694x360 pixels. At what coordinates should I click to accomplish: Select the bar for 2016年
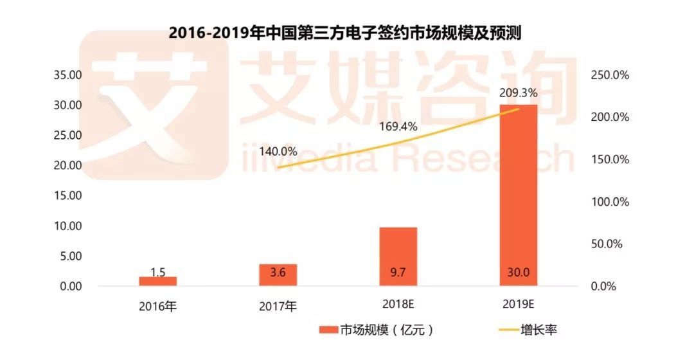(x=157, y=282)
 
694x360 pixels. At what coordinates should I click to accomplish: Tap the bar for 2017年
(x=278, y=275)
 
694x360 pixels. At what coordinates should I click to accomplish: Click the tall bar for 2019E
(x=518, y=193)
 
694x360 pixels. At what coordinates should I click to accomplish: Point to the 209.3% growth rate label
(x=518, y=93)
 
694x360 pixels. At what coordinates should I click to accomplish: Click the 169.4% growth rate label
(x=398, y=127)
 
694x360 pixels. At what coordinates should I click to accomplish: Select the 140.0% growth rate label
(x=278, y=152)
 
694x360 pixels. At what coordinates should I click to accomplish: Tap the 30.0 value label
(x=518, y=273)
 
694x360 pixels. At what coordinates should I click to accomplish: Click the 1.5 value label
(x=157, y=273)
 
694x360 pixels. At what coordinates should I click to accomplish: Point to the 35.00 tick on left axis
(x=67, y=75)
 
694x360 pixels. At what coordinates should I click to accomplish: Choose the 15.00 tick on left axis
(x=67, y=196)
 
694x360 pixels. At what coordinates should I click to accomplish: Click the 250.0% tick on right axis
(x=609, y=75)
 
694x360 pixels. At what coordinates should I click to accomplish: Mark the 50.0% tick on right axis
(x=609, y=244)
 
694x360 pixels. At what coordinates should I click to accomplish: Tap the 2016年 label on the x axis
(x=157, y=305)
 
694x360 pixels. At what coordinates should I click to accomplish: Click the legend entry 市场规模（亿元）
(x=377, y=330)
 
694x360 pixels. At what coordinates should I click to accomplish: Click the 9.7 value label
(x=398, y=273)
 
